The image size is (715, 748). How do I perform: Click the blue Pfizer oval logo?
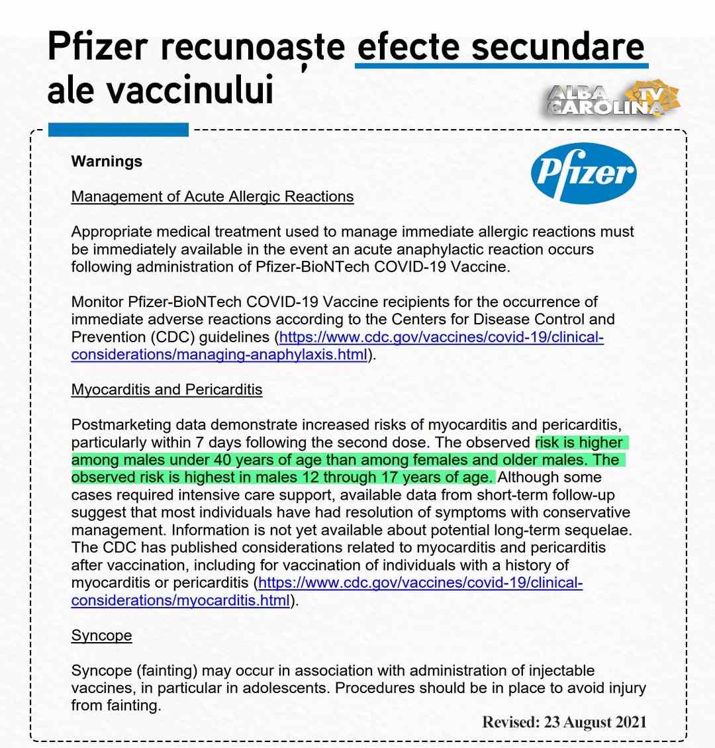coord(583,173)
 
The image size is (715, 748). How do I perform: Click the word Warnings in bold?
coord(107,162)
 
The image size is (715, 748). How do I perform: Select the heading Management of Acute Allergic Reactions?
coord(213,197)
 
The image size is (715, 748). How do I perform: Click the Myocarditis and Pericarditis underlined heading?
coord(167,389)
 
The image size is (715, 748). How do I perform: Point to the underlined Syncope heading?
coord(101,635)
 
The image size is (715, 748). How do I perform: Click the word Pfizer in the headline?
coord(97,47)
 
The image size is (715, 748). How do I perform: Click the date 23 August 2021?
coord(595,722)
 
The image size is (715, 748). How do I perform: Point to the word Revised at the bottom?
coord(510,722)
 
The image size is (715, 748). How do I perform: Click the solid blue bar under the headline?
coord(119,130)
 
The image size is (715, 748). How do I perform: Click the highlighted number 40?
coord(222,460)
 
